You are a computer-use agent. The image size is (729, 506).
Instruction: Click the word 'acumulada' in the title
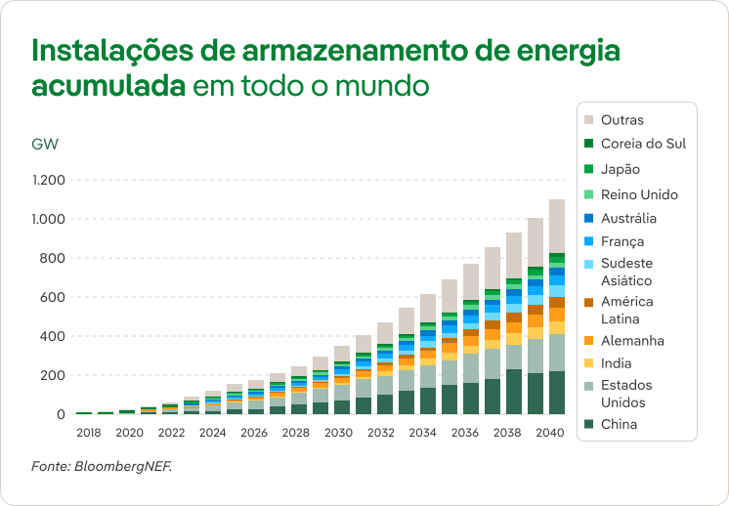point(108,85)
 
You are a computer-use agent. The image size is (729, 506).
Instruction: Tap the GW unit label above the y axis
point(45,145)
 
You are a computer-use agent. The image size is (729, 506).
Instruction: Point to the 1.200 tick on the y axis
point(48,180)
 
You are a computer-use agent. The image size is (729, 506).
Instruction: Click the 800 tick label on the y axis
point(53,258)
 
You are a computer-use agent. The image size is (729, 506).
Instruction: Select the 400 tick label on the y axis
point(53,336)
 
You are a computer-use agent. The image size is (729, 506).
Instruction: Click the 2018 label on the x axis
point(90,432)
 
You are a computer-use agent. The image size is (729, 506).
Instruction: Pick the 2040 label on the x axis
point(550,432)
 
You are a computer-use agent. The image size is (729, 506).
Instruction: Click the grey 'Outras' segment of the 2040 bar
point(557,226)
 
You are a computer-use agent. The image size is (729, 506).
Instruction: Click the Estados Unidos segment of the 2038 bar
point(514,357)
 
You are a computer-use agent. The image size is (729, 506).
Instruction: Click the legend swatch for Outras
point(589,120)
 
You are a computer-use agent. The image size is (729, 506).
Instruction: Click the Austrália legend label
point(628,219)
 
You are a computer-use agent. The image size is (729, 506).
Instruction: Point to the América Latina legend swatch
point(589,302)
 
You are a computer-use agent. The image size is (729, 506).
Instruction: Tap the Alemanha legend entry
point(632,341)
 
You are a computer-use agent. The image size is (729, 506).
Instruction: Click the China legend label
point(620,424)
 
